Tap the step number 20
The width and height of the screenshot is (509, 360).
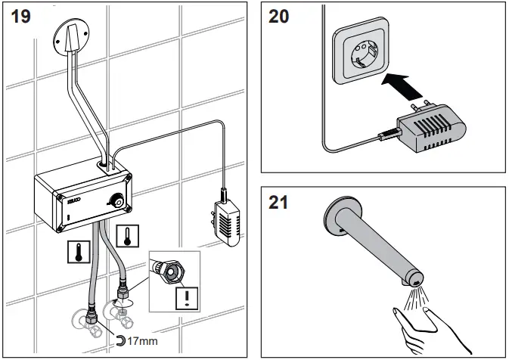coord(280,17)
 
